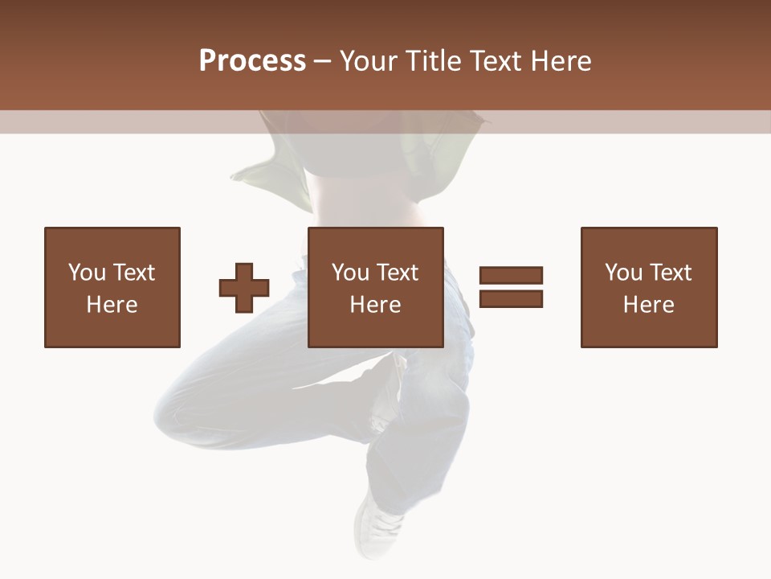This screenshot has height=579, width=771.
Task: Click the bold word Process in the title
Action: [252, 61]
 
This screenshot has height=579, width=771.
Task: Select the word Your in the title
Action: [369, 61]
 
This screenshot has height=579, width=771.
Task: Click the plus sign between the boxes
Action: [244, 288]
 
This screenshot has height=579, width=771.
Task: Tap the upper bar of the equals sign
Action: [511, 275]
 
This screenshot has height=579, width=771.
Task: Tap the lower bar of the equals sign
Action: [511, 299]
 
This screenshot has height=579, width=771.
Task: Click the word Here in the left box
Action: [112, 305]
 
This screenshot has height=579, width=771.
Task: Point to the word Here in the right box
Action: [649, 305]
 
